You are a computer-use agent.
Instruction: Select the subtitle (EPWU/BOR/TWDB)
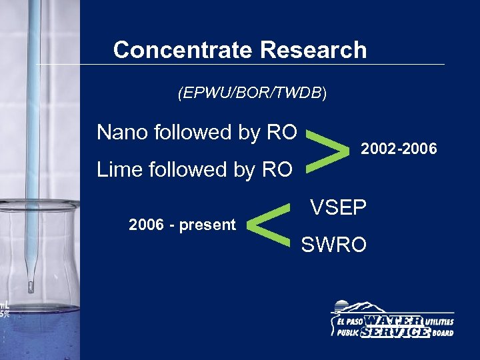pos(252,94)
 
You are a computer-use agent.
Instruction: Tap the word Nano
pos(123,133)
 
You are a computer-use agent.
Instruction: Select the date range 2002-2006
pos(399,149)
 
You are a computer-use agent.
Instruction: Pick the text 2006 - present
pos(182,225)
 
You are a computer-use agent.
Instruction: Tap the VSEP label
pos(338,208)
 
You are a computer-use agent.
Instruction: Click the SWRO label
pos(334,245)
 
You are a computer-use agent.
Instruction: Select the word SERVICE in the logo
pos(395,331)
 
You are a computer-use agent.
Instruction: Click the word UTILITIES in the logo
pos(441,321)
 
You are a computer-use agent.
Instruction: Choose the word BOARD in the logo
pos(442,333)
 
